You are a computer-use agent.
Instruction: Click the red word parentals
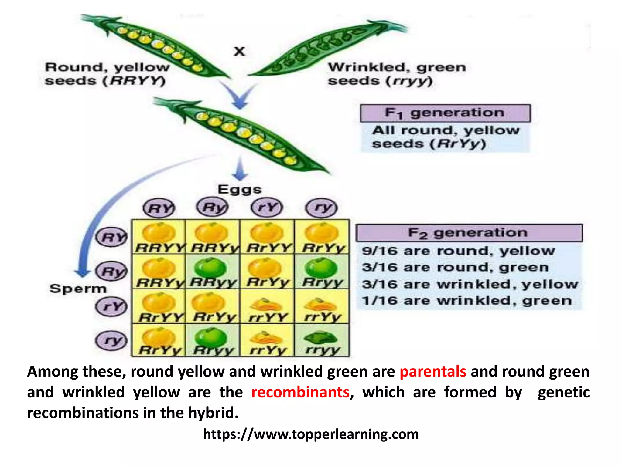click(x=433, y=372)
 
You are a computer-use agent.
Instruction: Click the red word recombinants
click(x=300, y=392)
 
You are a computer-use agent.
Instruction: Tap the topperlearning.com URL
click(x=311, y=434)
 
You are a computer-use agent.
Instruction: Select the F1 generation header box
click(x=445, y=113)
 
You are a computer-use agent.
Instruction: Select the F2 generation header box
click(x=469, y=233)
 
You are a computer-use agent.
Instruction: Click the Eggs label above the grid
click(x=240, y=190)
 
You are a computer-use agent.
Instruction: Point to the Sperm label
click(x=78, y=289)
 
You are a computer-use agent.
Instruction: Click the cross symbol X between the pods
click(x=239, y=51)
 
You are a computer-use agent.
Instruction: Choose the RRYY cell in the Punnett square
click(x=159, y=238)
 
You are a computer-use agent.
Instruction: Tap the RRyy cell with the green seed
click(x=213, y=272)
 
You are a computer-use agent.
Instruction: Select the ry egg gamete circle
click(x=322, y=208)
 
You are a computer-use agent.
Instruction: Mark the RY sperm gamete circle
click(x=112, y=237)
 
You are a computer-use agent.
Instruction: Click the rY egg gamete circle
click(x=267, y=208)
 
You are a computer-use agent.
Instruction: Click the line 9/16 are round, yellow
click(x=458, y=251)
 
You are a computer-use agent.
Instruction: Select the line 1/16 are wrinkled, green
click(x=467, y=301)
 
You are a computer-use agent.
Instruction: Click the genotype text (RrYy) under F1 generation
click(x=458, y=144)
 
